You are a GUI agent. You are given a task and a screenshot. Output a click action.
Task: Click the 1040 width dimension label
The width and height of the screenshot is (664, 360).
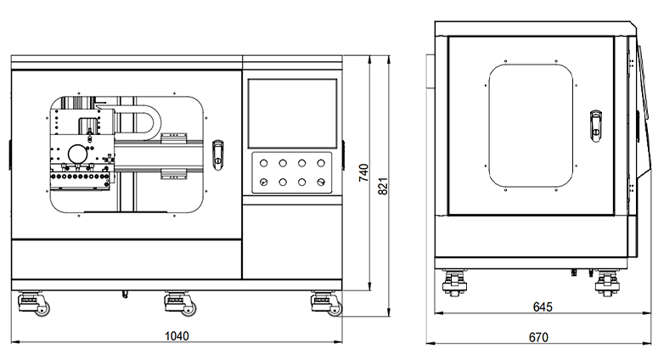pyautogui.click(x=177, y=336)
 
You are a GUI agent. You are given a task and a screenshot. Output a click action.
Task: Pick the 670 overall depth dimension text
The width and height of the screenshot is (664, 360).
pyautogui.click(x=538, y=337)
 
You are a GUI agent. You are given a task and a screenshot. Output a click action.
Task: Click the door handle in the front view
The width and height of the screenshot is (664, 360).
pyautogui.click(x=218, y=153)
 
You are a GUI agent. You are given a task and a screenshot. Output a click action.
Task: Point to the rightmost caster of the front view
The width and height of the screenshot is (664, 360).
pyautogui.click(x=324, y=302)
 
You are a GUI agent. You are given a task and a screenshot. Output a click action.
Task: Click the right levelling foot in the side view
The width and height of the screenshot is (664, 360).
pyautogui.click(x=606, y=281)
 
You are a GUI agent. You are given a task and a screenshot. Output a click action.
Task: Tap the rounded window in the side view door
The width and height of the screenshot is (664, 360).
pyautogui.click(x=533, y=127)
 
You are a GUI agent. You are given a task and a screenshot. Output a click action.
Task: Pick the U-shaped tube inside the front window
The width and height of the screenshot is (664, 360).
pyautogui.click(x=136, y=119)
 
